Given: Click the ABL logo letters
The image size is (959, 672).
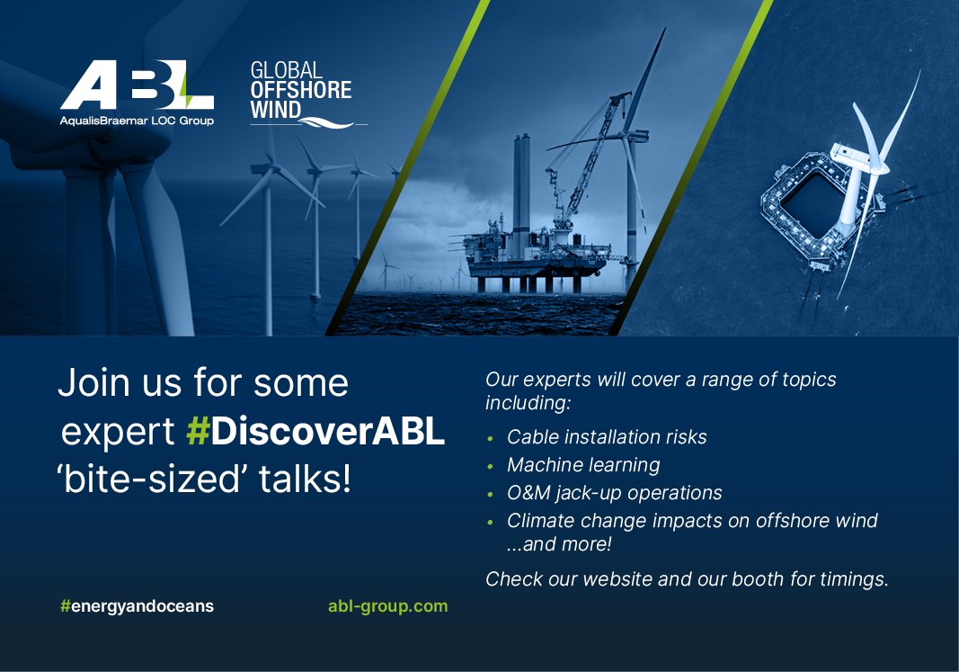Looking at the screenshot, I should coord(137,86).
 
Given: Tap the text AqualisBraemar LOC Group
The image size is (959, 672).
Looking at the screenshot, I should coord(137,121).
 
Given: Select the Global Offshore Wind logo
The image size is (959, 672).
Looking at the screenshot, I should coord(301,93).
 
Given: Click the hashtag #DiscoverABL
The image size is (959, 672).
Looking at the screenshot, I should coord(315,433).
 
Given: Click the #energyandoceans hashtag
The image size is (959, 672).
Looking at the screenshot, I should coord(137,605).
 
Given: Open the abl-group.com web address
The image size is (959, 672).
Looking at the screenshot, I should coord(387,605).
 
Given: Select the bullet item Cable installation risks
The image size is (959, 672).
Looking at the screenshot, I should coord(607,437).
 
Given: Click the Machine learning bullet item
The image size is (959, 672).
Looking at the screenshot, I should coord(583,465).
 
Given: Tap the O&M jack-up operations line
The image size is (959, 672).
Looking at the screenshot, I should coord(614,493).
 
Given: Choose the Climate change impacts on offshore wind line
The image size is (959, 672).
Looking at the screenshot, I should coord(692,520).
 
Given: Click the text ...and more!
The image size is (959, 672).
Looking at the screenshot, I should coord(559,544).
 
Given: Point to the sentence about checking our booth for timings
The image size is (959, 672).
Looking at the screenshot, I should coord(687,579).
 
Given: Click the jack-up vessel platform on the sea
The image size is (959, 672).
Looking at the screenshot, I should coord(530,261).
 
